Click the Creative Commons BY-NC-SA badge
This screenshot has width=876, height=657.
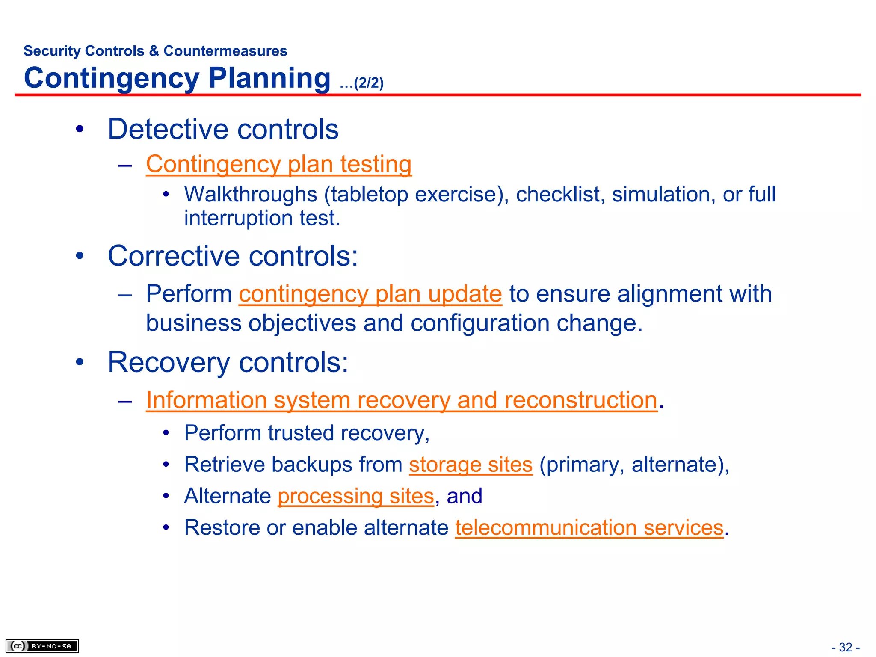42,646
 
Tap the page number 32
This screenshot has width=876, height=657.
846,647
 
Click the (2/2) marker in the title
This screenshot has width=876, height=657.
368,83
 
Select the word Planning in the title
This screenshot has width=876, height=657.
269,78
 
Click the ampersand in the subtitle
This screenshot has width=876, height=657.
154,51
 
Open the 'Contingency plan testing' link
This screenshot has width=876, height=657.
278,164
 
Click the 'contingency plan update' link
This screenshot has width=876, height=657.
370,294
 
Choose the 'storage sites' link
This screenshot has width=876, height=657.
471,465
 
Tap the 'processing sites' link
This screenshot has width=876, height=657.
356,497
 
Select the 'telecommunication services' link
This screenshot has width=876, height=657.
589,528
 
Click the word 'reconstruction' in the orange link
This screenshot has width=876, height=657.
580,400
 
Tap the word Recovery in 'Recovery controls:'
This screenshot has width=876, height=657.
169,363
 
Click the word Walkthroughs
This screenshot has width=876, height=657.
251,195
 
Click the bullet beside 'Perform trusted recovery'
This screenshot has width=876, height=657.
166,433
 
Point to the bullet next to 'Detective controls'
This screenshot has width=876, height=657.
80,129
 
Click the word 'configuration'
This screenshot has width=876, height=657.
480,323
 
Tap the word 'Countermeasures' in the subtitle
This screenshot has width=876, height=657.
225,51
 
